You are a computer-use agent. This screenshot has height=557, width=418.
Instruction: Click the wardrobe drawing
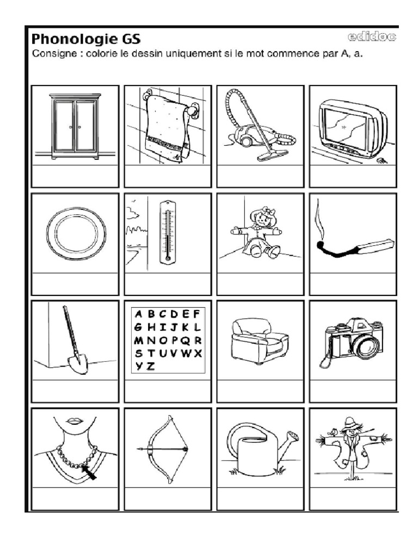(75, 126)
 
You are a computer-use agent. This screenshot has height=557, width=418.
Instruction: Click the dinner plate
(76, 233)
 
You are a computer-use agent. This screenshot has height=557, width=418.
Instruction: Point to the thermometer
(168, 232)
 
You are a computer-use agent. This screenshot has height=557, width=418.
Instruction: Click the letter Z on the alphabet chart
(151, 366)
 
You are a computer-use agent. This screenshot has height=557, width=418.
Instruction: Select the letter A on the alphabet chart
(138, 314)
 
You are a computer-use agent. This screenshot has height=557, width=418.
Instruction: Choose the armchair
(258, 341)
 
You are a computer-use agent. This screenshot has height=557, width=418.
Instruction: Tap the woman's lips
(75, 421)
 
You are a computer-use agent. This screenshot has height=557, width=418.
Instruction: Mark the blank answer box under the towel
(168, 175)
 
